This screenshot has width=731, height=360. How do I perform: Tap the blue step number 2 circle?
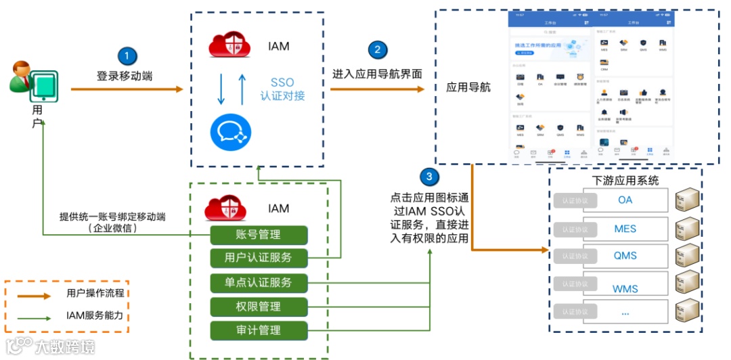pos(378,50)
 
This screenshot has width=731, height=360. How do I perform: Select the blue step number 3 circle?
pos(429,178)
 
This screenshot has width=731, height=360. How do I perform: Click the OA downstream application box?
pos(625,200)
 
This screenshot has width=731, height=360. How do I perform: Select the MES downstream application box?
pos(625,229)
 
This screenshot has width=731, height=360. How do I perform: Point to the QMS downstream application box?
pos(625,256)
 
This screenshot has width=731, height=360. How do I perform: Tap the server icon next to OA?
pos(688,200)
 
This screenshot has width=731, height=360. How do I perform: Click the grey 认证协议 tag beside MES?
pos(575,229)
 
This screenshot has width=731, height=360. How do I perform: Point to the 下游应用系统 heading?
pos(625,180)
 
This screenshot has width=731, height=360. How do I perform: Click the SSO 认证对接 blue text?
pos(282,89)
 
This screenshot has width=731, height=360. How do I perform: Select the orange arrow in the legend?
pos(34,296)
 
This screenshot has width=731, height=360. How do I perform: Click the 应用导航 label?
pos(468,88)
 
